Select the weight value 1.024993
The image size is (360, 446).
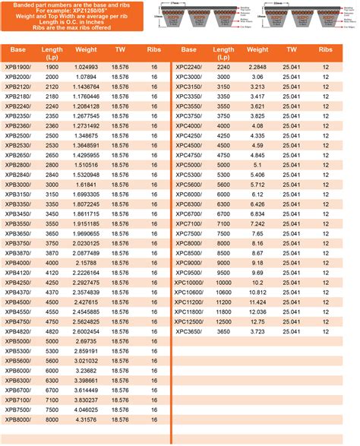pyautogui.click(x=85, y=68)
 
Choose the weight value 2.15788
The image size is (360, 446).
pyautogui.click(x=85, y=263)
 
